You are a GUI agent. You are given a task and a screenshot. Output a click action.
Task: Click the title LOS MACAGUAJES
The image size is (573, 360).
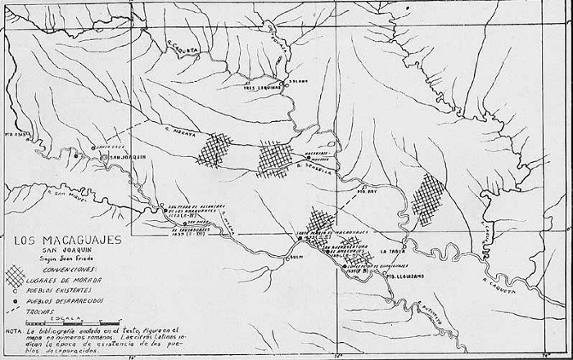tap(66, 240)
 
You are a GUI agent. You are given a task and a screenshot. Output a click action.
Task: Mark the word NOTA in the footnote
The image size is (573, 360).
tap(13, 331)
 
